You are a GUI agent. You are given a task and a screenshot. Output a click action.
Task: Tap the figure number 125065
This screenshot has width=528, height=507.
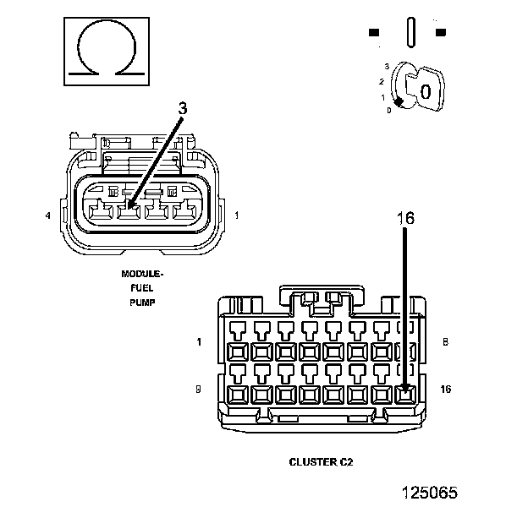click(430, 493)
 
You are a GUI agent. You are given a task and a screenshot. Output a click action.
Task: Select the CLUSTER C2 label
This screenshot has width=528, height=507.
click(321, 462)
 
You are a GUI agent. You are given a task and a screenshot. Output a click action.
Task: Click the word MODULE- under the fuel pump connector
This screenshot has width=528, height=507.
click(142, 274)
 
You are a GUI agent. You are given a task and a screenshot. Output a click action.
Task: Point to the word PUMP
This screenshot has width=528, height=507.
click(142, 303)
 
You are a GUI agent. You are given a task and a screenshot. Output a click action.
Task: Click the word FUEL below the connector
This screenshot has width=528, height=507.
click(142, 288)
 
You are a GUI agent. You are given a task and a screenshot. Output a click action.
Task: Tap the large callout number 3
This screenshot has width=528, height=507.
click(182, 108)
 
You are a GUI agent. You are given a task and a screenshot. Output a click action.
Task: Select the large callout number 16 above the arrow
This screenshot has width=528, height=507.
click(406, 219)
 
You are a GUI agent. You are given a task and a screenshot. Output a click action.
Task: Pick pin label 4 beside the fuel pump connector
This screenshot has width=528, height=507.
click(48, 215)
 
